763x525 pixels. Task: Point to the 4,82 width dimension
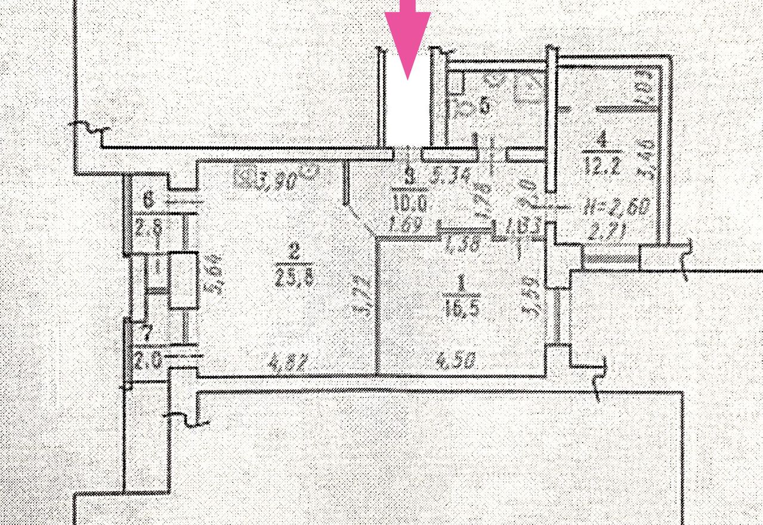point(288,363)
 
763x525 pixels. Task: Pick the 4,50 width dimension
point(459,362)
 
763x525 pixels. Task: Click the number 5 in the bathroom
point(484,106)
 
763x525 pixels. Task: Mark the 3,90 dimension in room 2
point(274,180)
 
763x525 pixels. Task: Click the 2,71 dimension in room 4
point(603,232)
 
